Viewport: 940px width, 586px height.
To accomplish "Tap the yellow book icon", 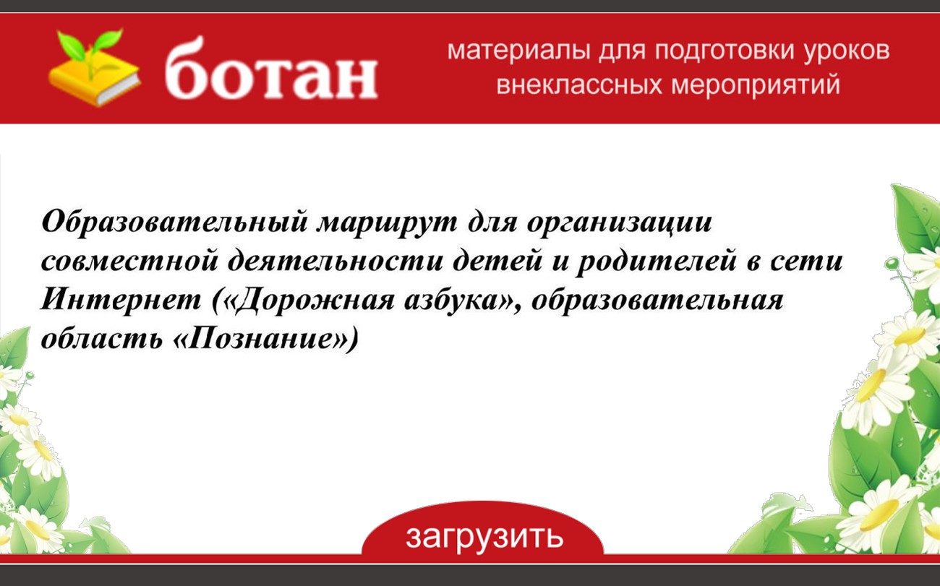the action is tap(94, 82).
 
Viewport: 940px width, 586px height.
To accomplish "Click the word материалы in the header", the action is tap(518, 51).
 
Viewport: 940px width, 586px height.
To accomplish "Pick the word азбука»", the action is tap(460, 301).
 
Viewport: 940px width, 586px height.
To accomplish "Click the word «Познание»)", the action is tap(265, 338).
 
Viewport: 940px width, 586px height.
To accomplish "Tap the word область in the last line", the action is tap(101, 337).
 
